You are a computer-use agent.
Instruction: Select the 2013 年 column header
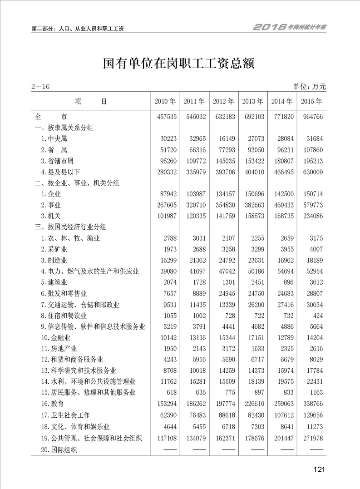coord(252,101)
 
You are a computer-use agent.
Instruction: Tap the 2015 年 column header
coord(311,101)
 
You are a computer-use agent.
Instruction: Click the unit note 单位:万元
coord(310,87)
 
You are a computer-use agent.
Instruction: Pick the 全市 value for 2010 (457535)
coord(165,117)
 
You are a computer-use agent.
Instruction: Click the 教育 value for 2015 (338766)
coord(311,403)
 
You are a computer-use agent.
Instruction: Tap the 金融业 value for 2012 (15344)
coord(225,337)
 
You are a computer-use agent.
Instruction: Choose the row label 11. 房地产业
coord(59,348)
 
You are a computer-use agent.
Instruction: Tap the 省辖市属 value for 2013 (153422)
coord(253,161)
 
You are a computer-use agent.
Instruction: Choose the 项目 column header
coord(91,101)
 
